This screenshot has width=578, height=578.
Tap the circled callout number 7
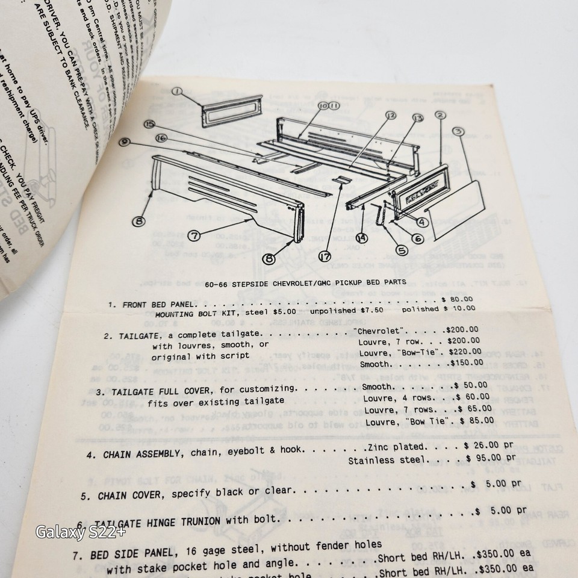(194, 236)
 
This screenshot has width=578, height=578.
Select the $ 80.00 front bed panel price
(458, 298)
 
